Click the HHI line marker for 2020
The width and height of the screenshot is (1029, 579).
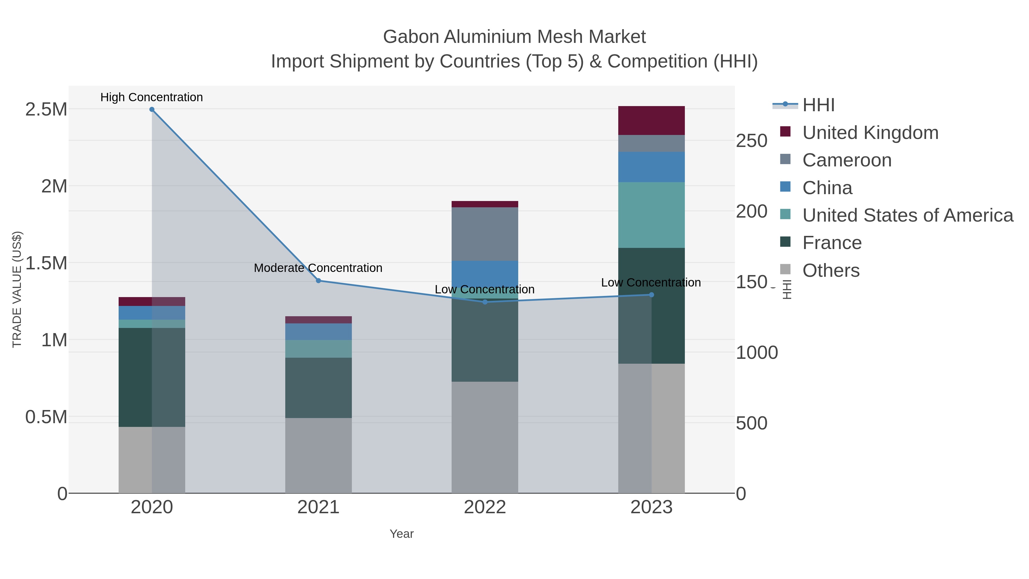[x=152, y=110]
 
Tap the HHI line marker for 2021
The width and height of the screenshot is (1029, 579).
[x=318, y=281]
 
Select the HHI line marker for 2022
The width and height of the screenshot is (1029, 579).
[x=485, y=302]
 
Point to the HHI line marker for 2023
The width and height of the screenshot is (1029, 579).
[x=651, y=295]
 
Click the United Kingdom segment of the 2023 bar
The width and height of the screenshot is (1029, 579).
[x=651, y=121]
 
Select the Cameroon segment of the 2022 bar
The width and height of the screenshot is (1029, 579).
[x=485, y=234]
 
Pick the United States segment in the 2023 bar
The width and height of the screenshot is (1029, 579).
[x=651, y=215]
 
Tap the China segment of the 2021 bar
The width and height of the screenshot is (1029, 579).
[x=318, y=332]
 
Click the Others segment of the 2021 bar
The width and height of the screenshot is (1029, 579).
[x=318, y=455]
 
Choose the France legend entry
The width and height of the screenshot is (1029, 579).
[x=832, y=243]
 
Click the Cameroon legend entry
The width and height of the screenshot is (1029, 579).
[x=847, y=160]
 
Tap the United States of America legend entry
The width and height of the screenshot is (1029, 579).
[x=908, y=215]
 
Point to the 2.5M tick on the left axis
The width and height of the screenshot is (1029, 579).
[x=46, y=110]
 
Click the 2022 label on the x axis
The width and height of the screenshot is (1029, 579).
[x=485, y=508]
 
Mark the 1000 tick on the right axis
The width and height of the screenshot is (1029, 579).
[x=757, y=353]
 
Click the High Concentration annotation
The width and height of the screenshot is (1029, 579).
[x=152, y=98]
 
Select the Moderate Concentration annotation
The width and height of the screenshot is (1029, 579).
[x=318, y=268]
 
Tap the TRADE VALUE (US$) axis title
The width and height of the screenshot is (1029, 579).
[x=17, y=289]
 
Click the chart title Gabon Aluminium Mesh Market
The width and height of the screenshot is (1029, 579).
[x=514, y=37]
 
